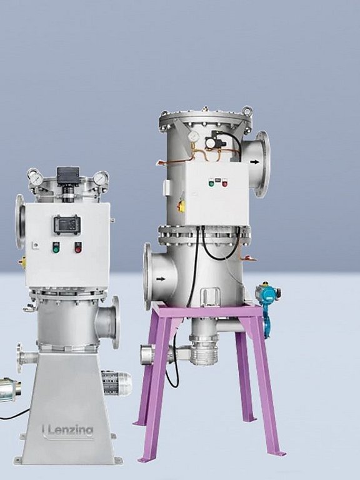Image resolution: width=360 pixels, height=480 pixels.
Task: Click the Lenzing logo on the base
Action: coord(67,431)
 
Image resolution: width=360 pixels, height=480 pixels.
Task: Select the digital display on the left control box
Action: coord(67,225)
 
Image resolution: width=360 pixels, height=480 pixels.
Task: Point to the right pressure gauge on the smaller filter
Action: coord(101,178)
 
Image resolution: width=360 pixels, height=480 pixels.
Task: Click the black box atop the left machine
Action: coord(68,176)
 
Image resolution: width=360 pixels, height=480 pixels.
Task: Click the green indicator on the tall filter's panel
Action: coord(211,184)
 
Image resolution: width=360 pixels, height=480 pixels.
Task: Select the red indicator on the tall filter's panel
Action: coord(225,184)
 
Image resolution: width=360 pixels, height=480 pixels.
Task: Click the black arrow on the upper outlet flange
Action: coord(254,162)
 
